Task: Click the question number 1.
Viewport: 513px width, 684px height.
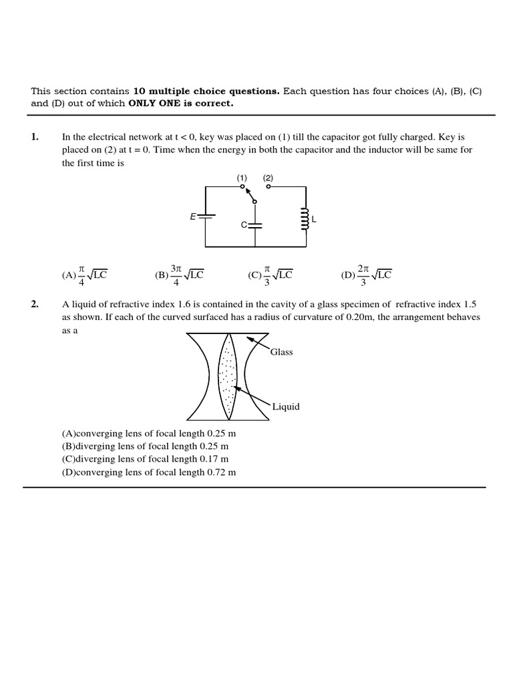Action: coord(35,138)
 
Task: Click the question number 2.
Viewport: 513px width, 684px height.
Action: coord(35,305)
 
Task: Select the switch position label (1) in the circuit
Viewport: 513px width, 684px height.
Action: coord(242,178)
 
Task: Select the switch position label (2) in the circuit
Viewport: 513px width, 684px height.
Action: coord(268,178)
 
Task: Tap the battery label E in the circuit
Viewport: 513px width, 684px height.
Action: coord(193,216)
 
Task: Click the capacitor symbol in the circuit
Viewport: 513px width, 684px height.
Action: coord(254,225)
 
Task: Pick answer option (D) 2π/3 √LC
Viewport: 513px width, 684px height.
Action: coord(366,275)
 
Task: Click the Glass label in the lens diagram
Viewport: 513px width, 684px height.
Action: coord(281,352)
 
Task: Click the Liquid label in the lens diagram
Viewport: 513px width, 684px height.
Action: coord(286,407)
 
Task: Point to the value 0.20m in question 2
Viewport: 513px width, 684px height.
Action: coord(364,317)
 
